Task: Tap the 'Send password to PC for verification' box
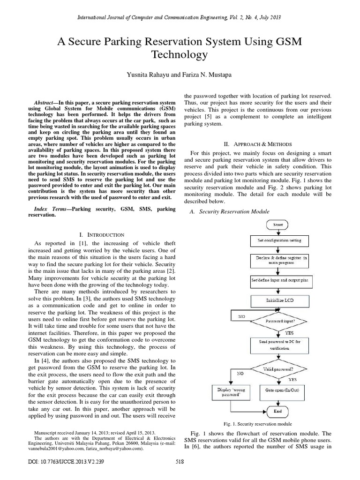pos(280,345)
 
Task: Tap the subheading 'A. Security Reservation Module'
pos(229,211)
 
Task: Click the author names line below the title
pos(180,75)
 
